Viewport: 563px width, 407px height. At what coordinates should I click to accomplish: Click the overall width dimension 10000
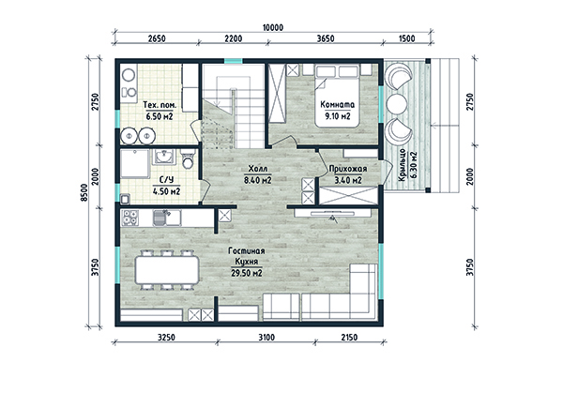273,27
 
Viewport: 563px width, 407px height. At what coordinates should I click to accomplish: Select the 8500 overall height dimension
84,192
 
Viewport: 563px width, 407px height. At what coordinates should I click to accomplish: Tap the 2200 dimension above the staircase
234,38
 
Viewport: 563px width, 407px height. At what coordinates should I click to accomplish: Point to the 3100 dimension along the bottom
266,337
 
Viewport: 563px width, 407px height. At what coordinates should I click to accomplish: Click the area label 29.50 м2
246,273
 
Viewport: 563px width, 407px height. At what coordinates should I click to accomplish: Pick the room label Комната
338,104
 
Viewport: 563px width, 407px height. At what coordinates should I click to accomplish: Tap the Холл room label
258,169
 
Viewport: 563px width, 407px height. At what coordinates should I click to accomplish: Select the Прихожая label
348,169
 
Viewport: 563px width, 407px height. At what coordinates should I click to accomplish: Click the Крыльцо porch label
402,165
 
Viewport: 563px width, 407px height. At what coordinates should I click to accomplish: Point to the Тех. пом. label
160,105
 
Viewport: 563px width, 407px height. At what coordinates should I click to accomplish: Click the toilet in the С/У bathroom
188,159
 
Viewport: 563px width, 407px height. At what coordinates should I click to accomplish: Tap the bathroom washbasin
164,156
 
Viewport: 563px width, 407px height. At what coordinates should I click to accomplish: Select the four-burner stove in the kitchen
130,218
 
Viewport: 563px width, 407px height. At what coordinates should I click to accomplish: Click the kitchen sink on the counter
167,218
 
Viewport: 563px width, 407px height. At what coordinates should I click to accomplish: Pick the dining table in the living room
167,269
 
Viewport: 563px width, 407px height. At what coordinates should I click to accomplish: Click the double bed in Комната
337,96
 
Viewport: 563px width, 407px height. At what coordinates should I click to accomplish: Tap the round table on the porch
397,104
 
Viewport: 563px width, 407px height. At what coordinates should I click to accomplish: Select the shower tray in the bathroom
134,164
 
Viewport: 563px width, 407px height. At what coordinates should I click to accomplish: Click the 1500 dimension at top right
407,38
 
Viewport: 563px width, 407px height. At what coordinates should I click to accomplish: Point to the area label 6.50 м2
160,116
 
